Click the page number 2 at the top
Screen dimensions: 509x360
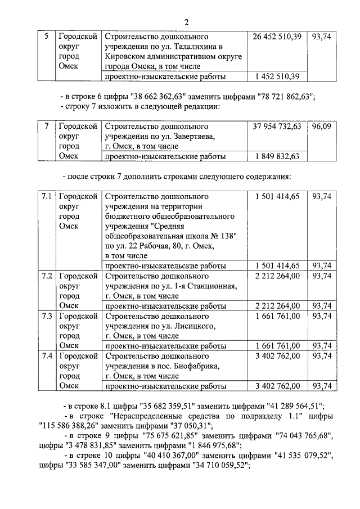click(187, 21)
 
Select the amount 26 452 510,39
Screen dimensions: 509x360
click(277, 37)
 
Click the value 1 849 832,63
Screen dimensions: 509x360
click(277, 157)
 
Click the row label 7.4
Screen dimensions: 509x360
click(47, 356)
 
